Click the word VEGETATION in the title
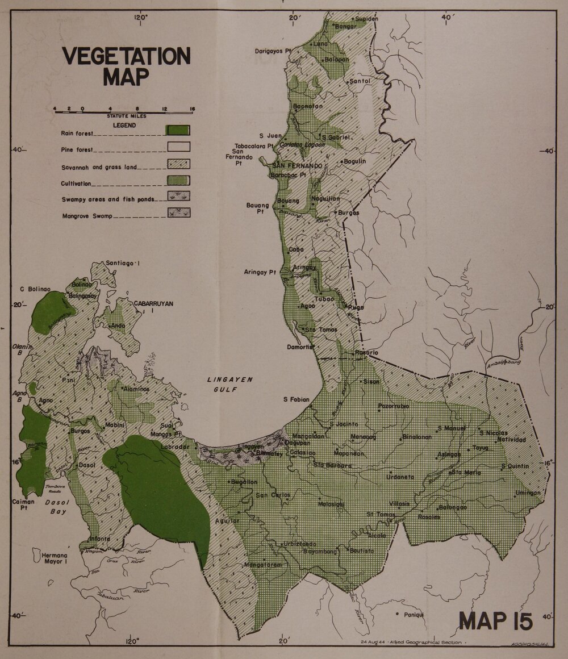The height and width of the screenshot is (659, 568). [x=126, y=56]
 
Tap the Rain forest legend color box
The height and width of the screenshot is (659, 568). [x=178, y=130]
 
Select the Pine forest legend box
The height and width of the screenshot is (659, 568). [x=178, y=147]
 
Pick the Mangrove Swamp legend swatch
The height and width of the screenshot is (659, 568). [x=178, y=212]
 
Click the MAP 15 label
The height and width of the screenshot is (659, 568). [x=496, y=621]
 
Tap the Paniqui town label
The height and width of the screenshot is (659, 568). [x=413, y=614]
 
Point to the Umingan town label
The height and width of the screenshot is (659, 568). [x=528, y=493]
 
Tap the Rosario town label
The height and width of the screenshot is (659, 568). [x=366, y=352]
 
